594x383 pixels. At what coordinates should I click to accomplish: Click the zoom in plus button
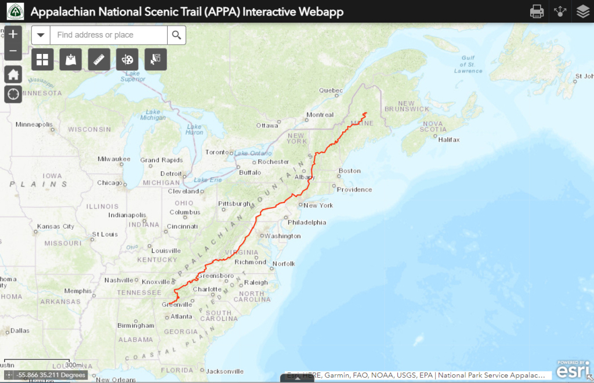click(x=13, y=34)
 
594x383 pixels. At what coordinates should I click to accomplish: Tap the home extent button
click(x=13, y=74)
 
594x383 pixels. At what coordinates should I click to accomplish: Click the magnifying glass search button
click(x=177, y=35)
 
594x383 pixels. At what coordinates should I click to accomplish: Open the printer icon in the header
click(x=537, y=11)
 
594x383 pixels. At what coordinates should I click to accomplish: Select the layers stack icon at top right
click(x=582, y=11)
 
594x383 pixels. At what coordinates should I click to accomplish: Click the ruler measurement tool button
click(x=99, y=59)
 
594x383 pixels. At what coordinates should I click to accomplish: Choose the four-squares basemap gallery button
click(x=42, y=59)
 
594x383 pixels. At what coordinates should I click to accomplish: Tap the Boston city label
click(x=350, y=171)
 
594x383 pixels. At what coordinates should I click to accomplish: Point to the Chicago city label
click(x=110, y=183)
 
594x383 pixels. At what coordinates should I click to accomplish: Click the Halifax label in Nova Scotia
click(x=449, y=140)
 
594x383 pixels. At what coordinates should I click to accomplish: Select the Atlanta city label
click(x=182, y=316)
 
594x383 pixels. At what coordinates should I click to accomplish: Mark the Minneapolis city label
click(x=34, y=124)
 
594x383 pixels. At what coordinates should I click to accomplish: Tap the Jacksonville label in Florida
click(x=224, y=371)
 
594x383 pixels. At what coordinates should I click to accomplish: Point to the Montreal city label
click(x=320, y=115)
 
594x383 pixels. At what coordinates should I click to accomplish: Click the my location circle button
click(x=13, y=93)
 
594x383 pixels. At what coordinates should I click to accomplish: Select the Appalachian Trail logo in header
click(x=16, y=12)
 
